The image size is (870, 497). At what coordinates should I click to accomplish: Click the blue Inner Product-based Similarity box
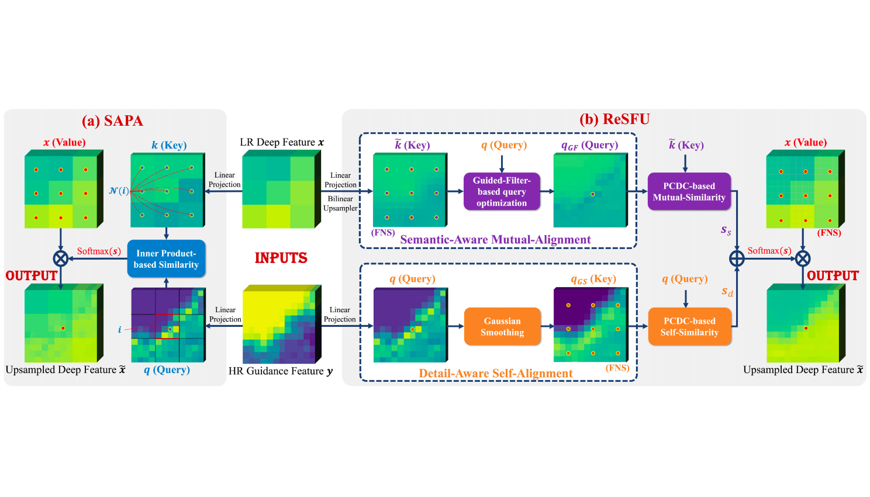pyautogui.click(x=166, y=258)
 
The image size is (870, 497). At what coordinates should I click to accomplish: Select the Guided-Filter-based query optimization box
pyautogui.click(x=502, y=191)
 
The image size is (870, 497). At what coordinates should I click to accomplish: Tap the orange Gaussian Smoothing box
pyautogui.click(x=502, y=326)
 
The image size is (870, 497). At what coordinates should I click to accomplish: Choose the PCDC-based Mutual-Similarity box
pyautogui.click(x=689, y=191)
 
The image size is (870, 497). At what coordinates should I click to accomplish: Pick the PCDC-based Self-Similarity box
pyautogui.click(x=689, y=326)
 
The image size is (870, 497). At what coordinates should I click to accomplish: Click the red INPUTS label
pyautogui.click(x=281, y=258)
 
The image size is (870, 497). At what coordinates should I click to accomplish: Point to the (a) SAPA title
pyautogui.click(x=112, y=121)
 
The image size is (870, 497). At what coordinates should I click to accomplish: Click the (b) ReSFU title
pyautogui.click(x=614, y=119)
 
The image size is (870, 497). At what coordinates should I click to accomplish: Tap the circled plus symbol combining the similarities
pyautogui.click(x=737, y=258)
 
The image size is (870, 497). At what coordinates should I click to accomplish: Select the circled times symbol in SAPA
pyautogui.click(x=61, y=258)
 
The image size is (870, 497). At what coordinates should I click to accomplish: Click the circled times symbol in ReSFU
pyautogui.click(x=803, y=258)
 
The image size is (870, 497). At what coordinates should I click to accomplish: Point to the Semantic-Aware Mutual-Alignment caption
pyautogui.click(x=495, y=240)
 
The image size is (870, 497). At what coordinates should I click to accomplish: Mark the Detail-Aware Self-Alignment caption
pyautogui.click(x=496, y=373)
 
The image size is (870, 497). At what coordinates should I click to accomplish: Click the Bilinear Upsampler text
pyautogui.click(x=340, y=203)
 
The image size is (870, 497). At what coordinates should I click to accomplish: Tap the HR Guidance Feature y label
pyautogui.click(x=281, y=371)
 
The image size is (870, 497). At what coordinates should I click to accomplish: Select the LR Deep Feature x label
pyautogui.click(x=282, y=142)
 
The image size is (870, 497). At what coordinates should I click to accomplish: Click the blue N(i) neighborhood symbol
pyautogui.click(x=119, y=191)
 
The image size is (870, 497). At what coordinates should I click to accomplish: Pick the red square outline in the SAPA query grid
pyautogui.click(x=167, y=326)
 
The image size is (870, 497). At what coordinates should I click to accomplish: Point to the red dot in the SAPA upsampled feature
pyautogui.click(x=63, y=329)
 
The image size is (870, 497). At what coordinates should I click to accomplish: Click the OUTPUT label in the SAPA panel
pyautogui.click(x=32, y=275)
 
